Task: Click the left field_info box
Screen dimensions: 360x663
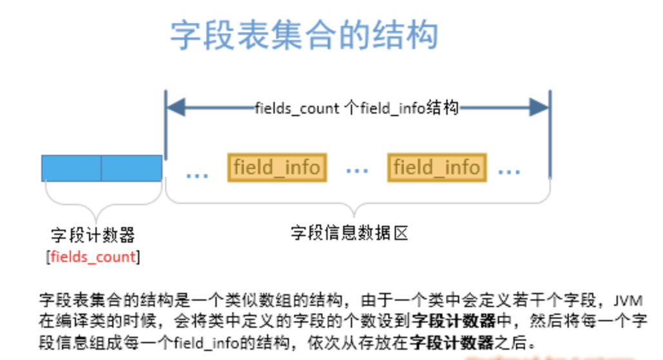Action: pos(277,168)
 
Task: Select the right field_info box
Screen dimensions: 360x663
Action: pos(437,168)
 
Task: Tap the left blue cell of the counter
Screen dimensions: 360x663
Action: pos(71,168)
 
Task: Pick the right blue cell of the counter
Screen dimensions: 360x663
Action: pos(131,168)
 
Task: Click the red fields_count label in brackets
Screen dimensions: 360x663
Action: pos(94,257)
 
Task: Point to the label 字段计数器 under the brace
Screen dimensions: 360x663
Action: pos(93,235)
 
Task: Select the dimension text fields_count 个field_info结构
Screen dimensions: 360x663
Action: pos(357,108)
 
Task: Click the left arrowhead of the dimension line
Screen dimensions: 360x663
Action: pos(176,108)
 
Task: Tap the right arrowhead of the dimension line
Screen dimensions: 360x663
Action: pos(539,108)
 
